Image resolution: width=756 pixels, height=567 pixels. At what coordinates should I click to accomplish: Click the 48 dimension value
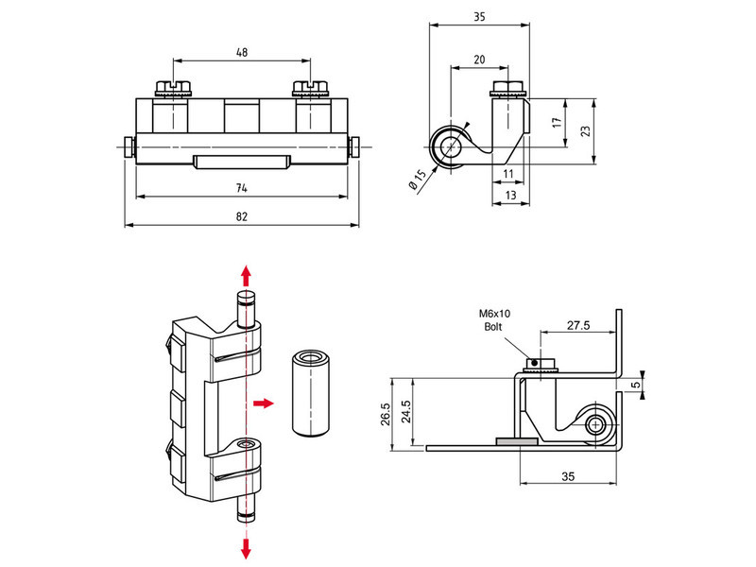242,54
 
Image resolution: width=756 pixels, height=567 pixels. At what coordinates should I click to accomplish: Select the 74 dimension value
242,188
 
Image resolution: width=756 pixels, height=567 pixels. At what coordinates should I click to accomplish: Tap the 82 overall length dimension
242,217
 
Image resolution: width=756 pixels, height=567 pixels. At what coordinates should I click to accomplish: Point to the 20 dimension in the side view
479,60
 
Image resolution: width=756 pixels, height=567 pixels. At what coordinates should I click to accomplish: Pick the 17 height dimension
558,123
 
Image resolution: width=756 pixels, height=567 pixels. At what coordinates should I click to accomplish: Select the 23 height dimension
587,132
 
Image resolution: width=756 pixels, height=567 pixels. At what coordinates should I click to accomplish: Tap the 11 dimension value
507,174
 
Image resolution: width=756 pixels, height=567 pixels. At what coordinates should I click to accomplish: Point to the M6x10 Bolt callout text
492,318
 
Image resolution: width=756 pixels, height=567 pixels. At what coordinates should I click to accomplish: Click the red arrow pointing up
246,275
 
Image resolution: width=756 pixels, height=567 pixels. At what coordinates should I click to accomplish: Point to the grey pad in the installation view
518,440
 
